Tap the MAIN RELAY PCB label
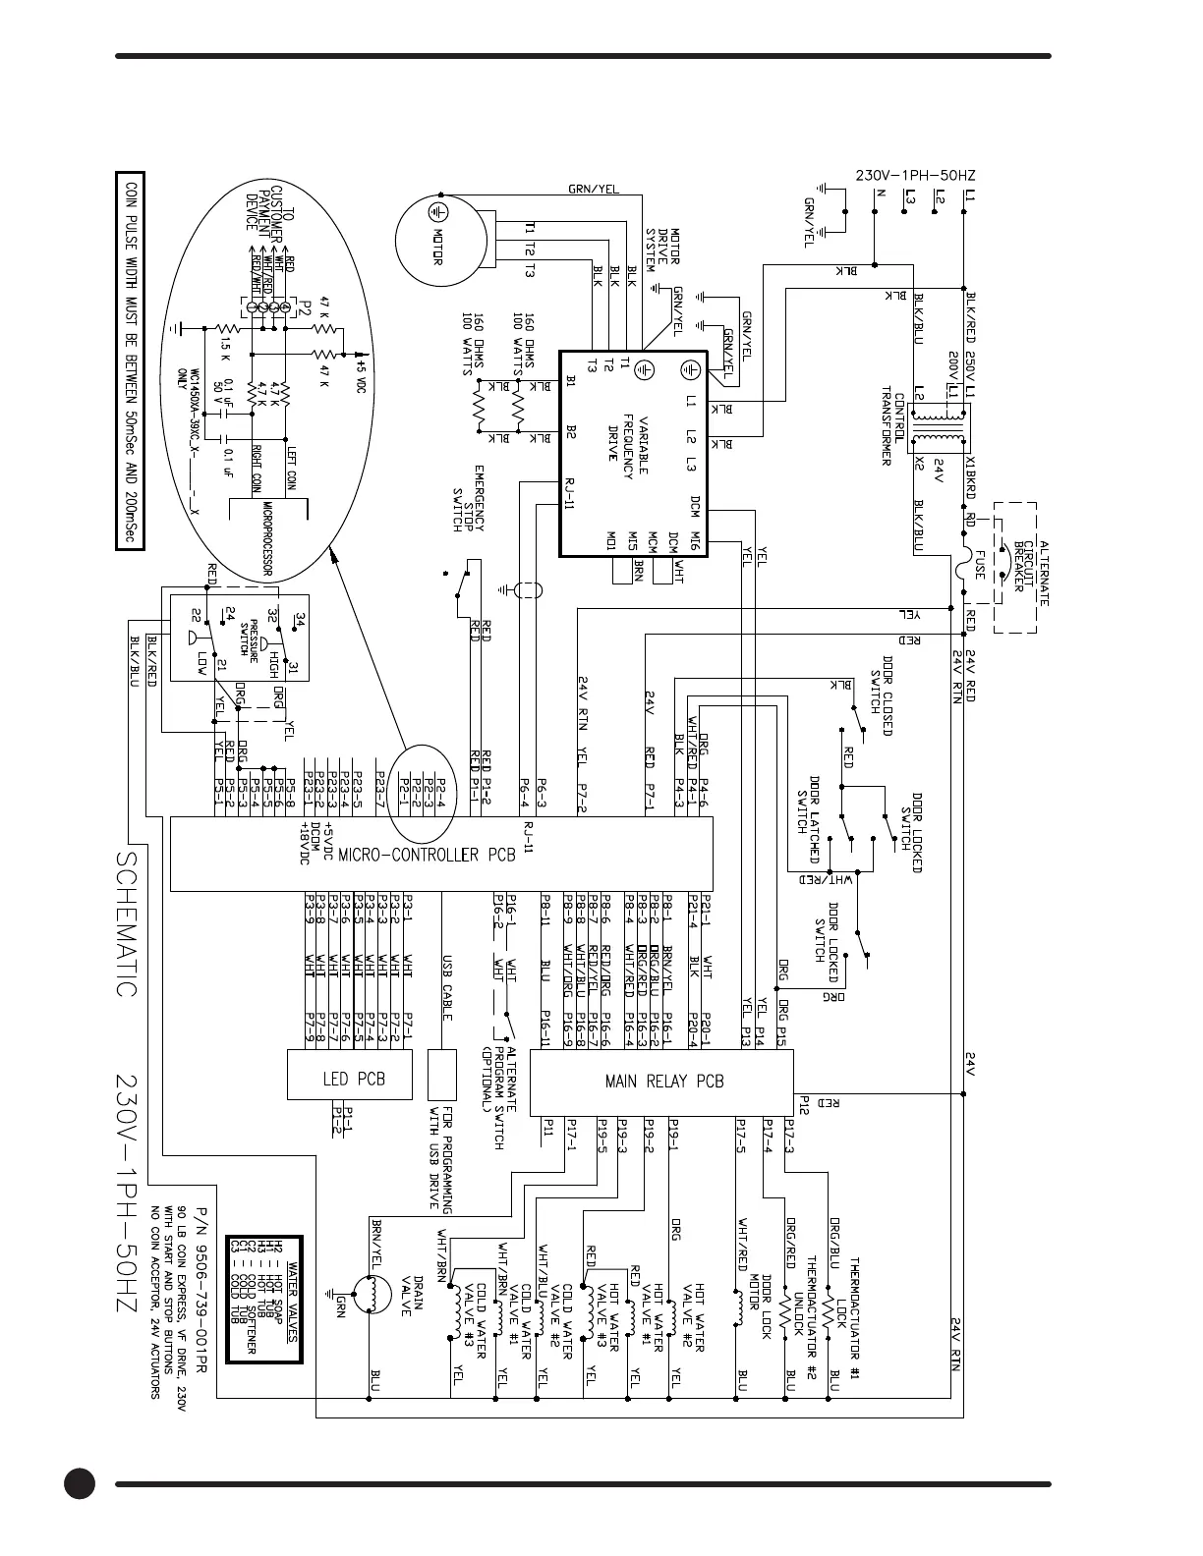(x=663, y=1082)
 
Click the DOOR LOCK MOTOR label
(x=760, y=1306)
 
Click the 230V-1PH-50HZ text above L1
(x=915, y=176)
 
